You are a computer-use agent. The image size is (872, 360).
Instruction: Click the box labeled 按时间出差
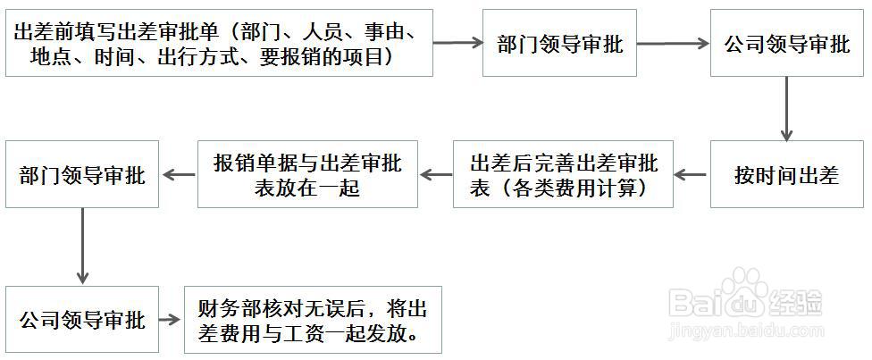pos(787,175)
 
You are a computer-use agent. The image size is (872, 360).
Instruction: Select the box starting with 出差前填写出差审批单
pos(219,43)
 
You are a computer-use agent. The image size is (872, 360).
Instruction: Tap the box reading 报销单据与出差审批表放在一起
pos(307,175)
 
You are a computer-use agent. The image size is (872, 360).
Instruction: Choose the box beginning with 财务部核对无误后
pos(313,320)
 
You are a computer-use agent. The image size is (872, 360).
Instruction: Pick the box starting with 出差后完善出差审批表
pos(563,175)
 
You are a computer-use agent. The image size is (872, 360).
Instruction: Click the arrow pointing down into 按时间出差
pos(787,108)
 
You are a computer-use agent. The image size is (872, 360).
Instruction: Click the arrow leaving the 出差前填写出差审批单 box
pos(457,42)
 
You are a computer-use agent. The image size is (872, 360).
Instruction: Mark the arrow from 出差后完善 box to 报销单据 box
pos(435,175)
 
